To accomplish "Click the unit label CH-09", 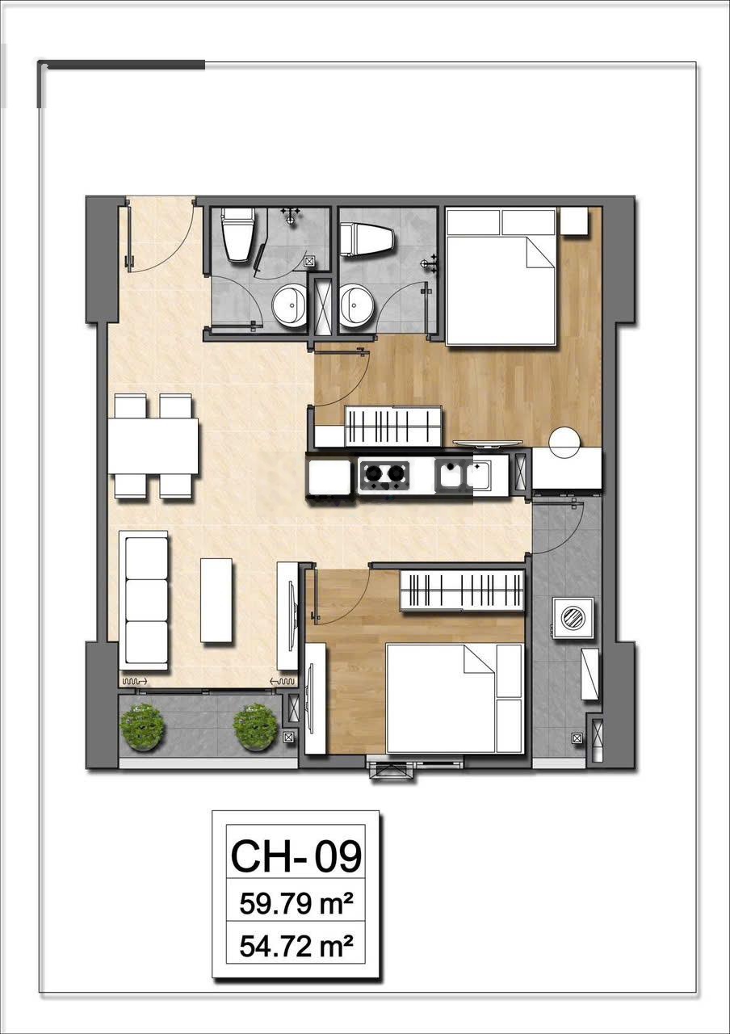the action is click(x=296, y=855).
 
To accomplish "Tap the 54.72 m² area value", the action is click(x=296, y=946).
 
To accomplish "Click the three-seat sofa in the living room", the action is click(x=144, y=601).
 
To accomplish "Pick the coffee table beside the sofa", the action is click(x=216, y=600).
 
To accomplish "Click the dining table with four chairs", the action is click(x=153, y=447).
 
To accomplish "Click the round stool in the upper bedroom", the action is click(x=564, y=442).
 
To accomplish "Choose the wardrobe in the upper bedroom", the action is click(x=393, y=427).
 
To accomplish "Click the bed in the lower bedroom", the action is click(x=454, y=699).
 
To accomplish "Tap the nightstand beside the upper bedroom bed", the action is click(x=573, y=221).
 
